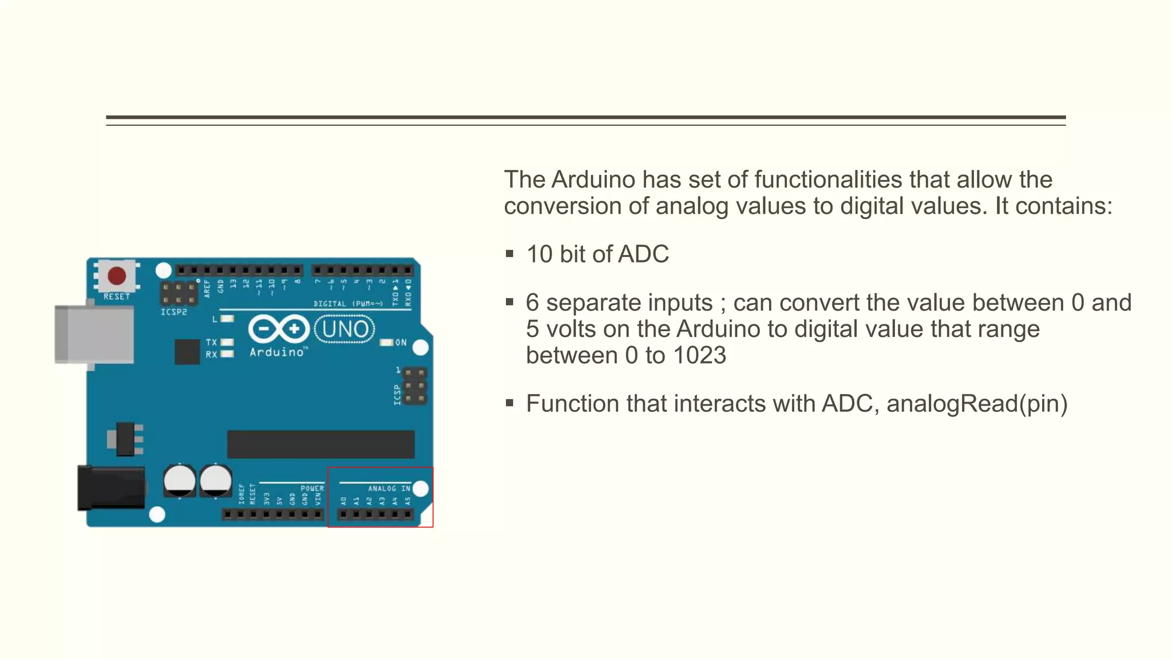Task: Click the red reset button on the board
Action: tap(117, 276)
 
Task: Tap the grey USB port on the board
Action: tap(94, 334)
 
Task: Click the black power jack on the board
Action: tap(111, 488)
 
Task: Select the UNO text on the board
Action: tap(345, 329)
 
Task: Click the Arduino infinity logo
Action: tap(279, 329)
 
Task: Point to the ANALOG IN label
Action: tap(389, 489)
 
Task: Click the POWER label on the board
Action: tap(312, 489)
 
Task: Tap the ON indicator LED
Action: tap(387, 343)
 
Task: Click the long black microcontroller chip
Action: tap(320, 444)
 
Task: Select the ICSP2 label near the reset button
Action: tap(173, 312)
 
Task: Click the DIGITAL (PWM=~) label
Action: tap(348, 304)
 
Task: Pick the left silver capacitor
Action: tap(180, 481)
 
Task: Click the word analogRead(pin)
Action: tap(977, 404)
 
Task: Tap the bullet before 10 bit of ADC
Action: tap(509, 254)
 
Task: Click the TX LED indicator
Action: tap(227, 342)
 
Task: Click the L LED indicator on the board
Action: tap(227, 319)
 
